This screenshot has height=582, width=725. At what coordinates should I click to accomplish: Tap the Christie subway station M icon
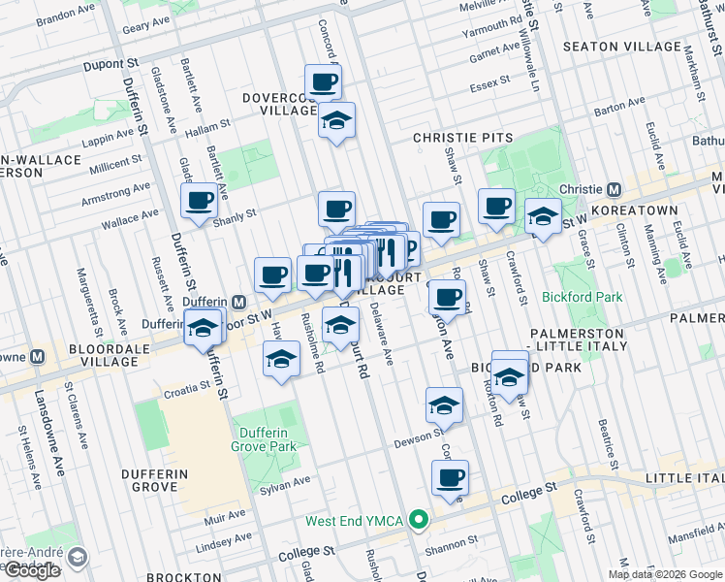coord(614,189)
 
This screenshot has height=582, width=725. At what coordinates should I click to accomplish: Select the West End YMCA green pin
coord(419,521)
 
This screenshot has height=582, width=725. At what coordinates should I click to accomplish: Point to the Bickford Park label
coord(583,297)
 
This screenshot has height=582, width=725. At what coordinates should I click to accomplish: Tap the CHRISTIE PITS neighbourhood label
coord(459,139)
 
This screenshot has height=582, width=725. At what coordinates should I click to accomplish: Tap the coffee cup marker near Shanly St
coord(200,201)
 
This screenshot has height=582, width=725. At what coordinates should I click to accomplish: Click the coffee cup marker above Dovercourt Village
coord(324,81)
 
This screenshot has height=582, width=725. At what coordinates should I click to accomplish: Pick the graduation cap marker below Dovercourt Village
coord(336,121)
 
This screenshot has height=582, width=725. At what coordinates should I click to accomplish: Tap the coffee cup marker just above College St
coord(450,477)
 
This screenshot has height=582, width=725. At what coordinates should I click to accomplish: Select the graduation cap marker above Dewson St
coord(444,404)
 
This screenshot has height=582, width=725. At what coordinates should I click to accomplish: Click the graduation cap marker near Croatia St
coord(281,360)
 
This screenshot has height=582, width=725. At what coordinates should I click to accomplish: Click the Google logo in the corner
coord(32,571)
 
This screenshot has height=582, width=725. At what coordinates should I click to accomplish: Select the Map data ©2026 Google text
coord(664,574)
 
